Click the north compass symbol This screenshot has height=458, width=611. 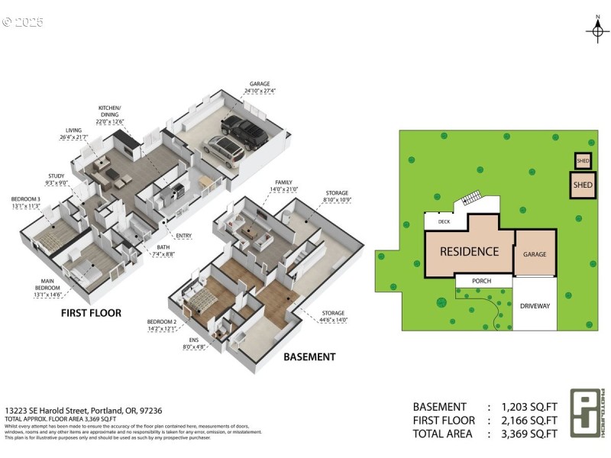(x=596, y=30)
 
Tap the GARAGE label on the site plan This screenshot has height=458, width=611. (x=535, y=254)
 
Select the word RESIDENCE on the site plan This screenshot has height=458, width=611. (x=469, y=251)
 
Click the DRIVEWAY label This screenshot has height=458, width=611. (x=535, y=305)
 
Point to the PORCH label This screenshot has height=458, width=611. (x=482, y=282)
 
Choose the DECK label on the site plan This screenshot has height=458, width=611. (x=444, y=222)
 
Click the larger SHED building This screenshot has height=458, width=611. (x=583, y=185)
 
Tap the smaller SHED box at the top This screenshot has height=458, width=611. (x=583, y=161)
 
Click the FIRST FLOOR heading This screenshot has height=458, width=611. (x=91, y=313)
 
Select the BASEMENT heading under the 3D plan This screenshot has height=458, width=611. (x=309, y=356)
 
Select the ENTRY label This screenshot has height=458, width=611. (x=183, y=235)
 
